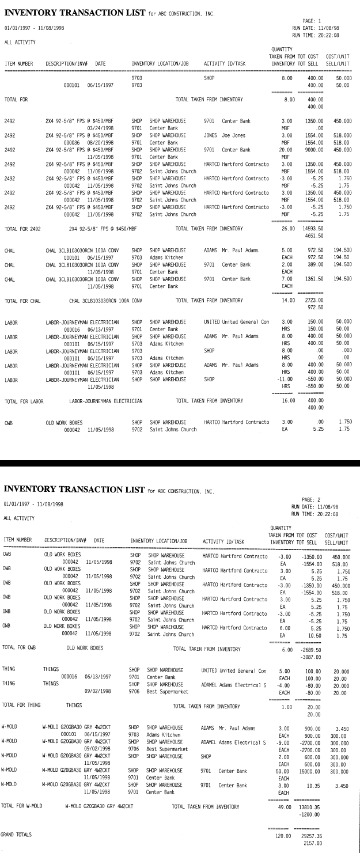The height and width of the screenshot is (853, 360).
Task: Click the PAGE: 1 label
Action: coord(311,22)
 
